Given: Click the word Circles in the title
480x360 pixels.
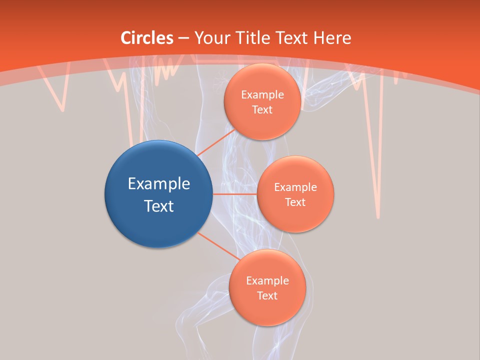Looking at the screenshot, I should coord(146,38).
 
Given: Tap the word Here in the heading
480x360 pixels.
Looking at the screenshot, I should coord(331,38).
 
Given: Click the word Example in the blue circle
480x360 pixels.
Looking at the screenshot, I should coord(159,184).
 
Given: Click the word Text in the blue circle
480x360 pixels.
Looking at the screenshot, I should coord(159,206).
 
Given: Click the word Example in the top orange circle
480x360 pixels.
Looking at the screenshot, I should coord(262,95).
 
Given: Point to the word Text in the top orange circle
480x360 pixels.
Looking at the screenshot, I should coord(262,109).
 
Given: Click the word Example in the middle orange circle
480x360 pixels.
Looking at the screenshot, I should coord(295,187).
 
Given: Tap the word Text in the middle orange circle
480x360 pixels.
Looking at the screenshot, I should coord(295,202).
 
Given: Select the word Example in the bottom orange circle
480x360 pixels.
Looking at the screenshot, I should coord(267,280).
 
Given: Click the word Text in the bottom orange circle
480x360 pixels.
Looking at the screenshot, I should coord(267,295).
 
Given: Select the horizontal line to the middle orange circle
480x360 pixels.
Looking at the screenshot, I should coord(234,194).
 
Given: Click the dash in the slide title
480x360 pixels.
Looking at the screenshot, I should coord(183,38).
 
